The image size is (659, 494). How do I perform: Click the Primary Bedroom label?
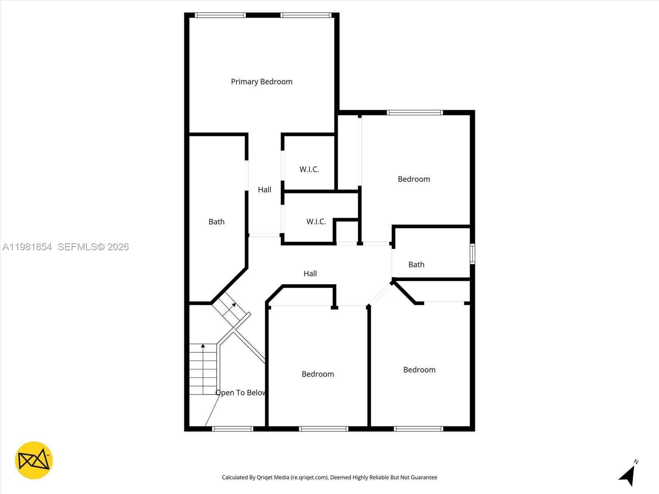pyautogui.click(x=262, y=82)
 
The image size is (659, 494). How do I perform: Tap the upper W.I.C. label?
pyautogui.click(x=309, y=169)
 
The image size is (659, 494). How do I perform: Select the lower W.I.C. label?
pyautogui.click(x=316, y=221)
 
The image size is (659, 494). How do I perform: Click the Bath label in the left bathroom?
pyautogui.click(x=216, y=222)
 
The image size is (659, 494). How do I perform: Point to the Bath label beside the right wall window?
pyautogui.click(x=416, y=265)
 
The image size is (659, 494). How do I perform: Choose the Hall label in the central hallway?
pyautogui.click(x=310, y=274)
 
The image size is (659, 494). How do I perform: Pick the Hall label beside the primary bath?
pyautogui.click(x=264, y=190)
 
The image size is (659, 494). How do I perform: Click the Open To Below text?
pyautogui.click(x=241, y=393)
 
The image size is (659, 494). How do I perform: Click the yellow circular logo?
pyautogui.click(x=34, y=460)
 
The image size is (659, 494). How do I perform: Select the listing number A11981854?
pyautogui.click(x=27, y=247)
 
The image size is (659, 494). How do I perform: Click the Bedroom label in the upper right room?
pyautogui.click(x=414, y=179)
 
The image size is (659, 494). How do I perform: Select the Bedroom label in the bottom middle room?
pyautogui.click(x=318, y=374)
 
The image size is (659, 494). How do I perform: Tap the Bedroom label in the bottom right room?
pyautogui.click(x=419, y=370)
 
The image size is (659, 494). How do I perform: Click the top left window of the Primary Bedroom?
pyautogui.click(x=220, y=15)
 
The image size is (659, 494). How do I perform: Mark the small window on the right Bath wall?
pyautogui.click(x=472, y=254)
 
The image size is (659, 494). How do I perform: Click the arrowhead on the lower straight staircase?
pyautogui.click(x=203, y=346)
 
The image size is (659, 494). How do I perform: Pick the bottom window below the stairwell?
pyautogui.click(x=233, y=429)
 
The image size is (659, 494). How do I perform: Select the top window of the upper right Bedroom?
pyautogui.click(x=415, y=112)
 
